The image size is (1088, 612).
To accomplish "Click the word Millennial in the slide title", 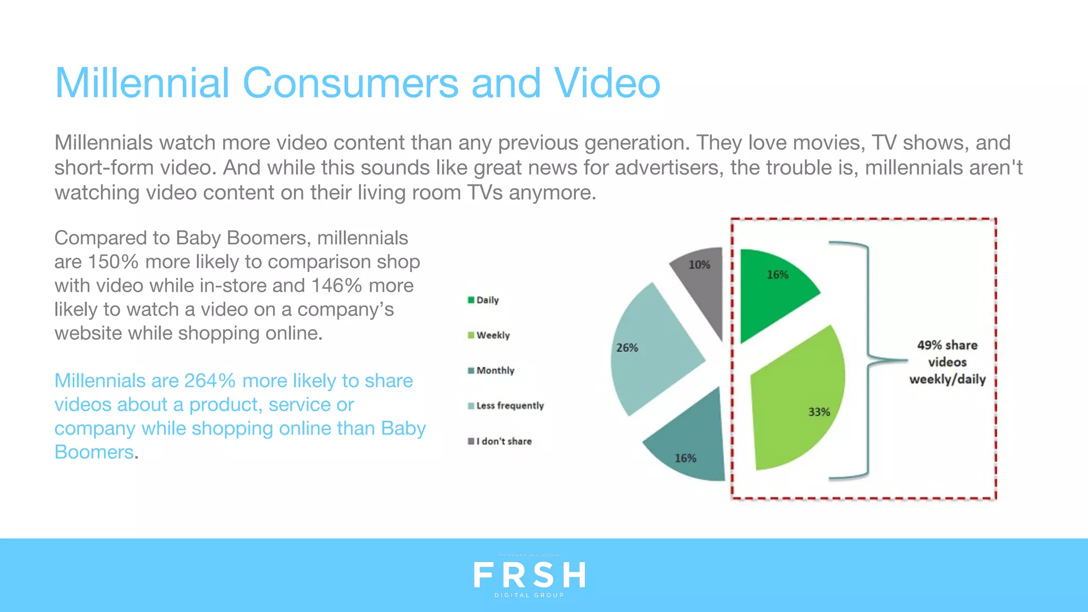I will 142,83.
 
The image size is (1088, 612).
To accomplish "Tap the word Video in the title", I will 607,83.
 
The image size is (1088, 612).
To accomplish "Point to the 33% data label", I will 819,412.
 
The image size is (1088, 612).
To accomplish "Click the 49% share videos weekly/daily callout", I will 947,362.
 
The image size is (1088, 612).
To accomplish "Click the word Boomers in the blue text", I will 94,452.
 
